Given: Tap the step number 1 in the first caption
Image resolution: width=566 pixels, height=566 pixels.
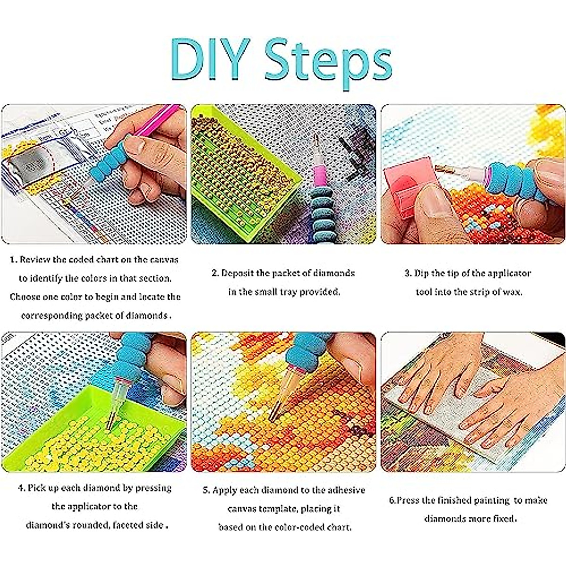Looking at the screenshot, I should [x=13, y=259].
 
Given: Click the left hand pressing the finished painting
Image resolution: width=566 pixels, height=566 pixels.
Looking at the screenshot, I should [x=432, y=377].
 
